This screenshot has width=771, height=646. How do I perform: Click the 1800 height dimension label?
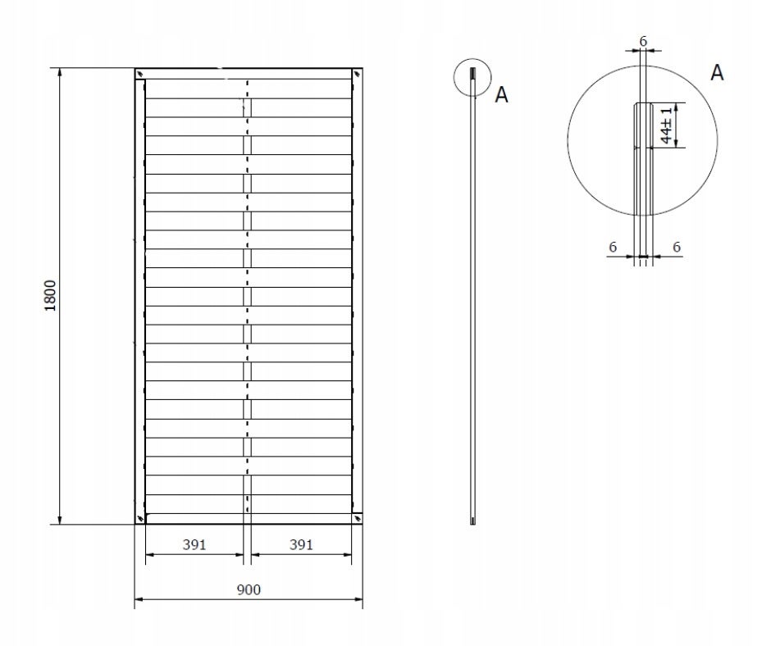pyautogui.click(x=51, y=295)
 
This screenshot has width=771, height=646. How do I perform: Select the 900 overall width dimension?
pyautogui.click(x=249, y=589)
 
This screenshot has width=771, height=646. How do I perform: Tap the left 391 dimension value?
pyautogui.click(x=194, y=544)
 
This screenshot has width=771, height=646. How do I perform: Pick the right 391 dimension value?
pyautogui.click(x=301, y=544)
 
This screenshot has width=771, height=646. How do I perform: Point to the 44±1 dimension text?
pyautogui.click(x=666, y=125)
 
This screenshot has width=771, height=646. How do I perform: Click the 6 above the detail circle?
pyautogui.click(x=643, y=41)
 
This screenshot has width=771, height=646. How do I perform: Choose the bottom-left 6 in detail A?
pyautogui.click(x=613, y=247)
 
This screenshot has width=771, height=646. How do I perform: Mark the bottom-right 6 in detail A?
pyautogui.click(x=677, y=247)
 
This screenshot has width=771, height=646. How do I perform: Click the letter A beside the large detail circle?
pyautogui.click(x=718, y=73)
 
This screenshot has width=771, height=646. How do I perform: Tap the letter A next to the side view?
pyautogui.click(x=501, y=95)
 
